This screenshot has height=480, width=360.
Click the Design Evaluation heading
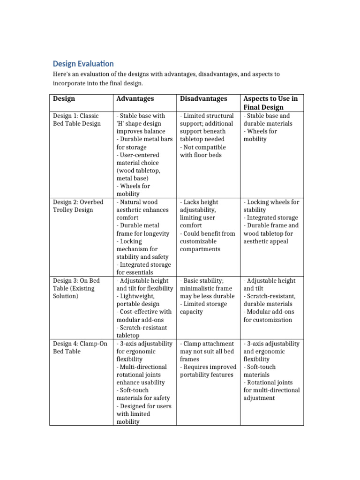click(83, 63)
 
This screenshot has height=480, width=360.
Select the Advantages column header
click(135, 99)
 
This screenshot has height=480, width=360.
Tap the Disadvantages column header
click(203, 99)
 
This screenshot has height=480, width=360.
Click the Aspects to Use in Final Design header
click(270, 103)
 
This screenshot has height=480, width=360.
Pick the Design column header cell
click(64, 99)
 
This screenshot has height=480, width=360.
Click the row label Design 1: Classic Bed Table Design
click(76, 120)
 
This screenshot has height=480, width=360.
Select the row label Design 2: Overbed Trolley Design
click(78, 206)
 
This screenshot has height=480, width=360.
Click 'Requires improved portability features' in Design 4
click(207, 371)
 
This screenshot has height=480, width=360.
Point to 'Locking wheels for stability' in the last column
click(271, 206)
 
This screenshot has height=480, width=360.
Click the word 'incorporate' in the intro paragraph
click(68, 83)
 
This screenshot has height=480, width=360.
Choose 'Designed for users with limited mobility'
click(143, 414)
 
